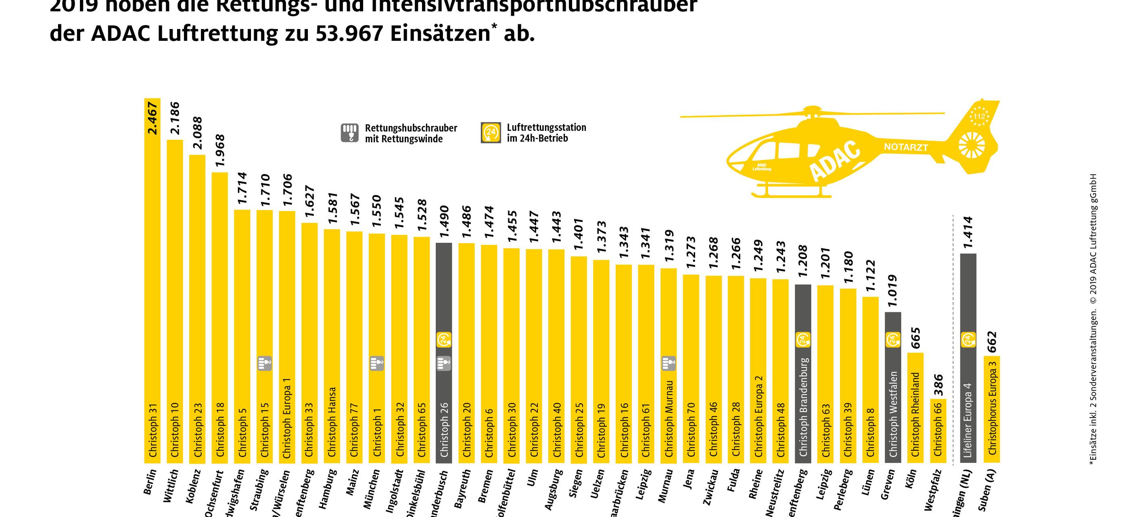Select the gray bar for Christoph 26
tap(443, 312)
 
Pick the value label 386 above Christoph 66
tap(938, 385)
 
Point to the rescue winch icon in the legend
tap(350, 133)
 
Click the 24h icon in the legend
tap(491, 133)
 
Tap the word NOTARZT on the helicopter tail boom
tap(906, 147)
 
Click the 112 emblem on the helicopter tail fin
tap(979, 116)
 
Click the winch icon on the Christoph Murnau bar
tap(669, 363)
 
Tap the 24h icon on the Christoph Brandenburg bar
tap(803, 340)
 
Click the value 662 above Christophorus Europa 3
tap(992, 342)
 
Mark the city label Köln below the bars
tap(911, 478)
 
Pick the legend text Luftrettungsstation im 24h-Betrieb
tap(546, 133)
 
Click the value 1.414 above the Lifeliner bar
tap(968, 232)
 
